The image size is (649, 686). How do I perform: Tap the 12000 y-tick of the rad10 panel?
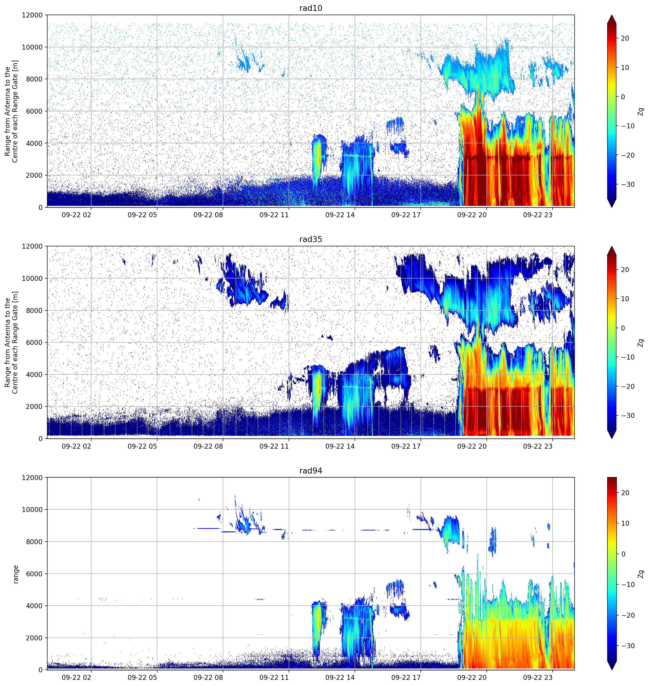32,15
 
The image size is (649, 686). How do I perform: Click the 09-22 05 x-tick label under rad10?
142,215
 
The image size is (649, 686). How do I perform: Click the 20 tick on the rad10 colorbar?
624,39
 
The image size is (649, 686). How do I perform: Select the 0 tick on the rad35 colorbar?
623,328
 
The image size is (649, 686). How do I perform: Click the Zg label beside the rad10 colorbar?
641,111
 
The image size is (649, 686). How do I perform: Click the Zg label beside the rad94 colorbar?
641,574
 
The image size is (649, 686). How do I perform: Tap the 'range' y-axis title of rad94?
16,574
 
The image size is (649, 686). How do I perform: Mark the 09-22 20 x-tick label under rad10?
472,215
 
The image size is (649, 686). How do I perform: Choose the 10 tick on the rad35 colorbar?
624,299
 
